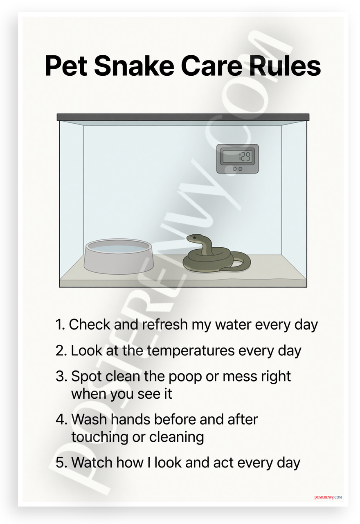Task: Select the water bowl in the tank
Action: [x=119, y=256]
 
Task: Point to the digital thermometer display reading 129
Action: [x=238, y=156]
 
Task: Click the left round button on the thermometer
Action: [x=235, y=169]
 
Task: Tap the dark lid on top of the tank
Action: [x=183, y=117]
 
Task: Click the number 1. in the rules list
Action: [x=60, y=325]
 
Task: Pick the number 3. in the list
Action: [x=61, y=377]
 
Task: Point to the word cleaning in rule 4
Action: [x=176, y=437]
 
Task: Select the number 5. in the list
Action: [x=61, y=463]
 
